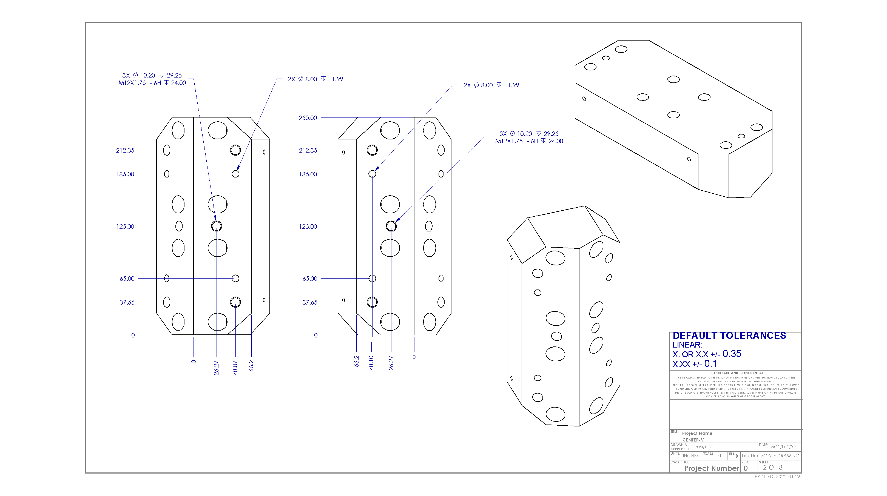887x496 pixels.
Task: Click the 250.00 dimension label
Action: coord(308,118)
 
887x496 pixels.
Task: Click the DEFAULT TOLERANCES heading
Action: coord(729,336)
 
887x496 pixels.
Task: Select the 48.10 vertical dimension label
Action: coord(371,363)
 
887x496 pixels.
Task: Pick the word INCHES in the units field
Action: coord(690,456)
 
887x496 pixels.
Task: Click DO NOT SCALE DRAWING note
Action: coord(770,456)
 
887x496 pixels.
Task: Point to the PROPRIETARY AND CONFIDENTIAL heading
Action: coord(735,373)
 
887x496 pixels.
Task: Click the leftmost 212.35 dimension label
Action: coord(125,150)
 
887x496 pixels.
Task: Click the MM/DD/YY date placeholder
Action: coord(783,447)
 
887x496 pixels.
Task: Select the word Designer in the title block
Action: coord(703,446)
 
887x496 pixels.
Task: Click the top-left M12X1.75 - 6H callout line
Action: coord(152,83)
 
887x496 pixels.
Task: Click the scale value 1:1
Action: coord(718,456)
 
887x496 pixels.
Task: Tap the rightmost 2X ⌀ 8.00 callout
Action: coord(491,85)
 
